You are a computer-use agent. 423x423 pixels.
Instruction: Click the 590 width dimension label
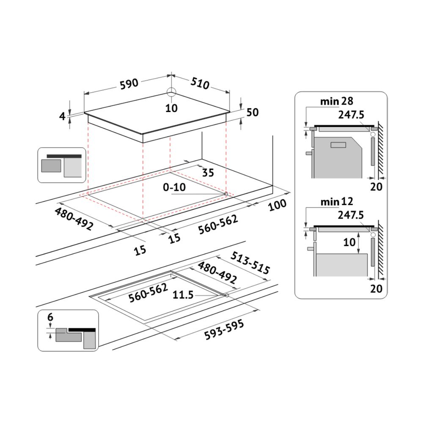(x=129, y=84)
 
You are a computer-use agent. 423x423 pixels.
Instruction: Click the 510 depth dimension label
(x=200, y=83)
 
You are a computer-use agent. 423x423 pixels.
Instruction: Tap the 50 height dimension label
(x=253, y=112)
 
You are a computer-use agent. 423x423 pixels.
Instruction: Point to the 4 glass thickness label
(x=62, y=116)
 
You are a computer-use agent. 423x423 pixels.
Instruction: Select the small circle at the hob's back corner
(x=171, y=92)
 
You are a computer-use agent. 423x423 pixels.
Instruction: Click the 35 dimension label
(x=208, y=173)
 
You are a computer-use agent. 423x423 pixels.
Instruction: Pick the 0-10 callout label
(x=174, y=187)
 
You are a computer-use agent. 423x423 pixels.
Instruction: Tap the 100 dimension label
(x=277, y=205)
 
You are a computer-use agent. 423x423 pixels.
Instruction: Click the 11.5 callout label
(x=183, y=295)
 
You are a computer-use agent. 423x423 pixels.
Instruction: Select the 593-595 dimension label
(x=224, y=330)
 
